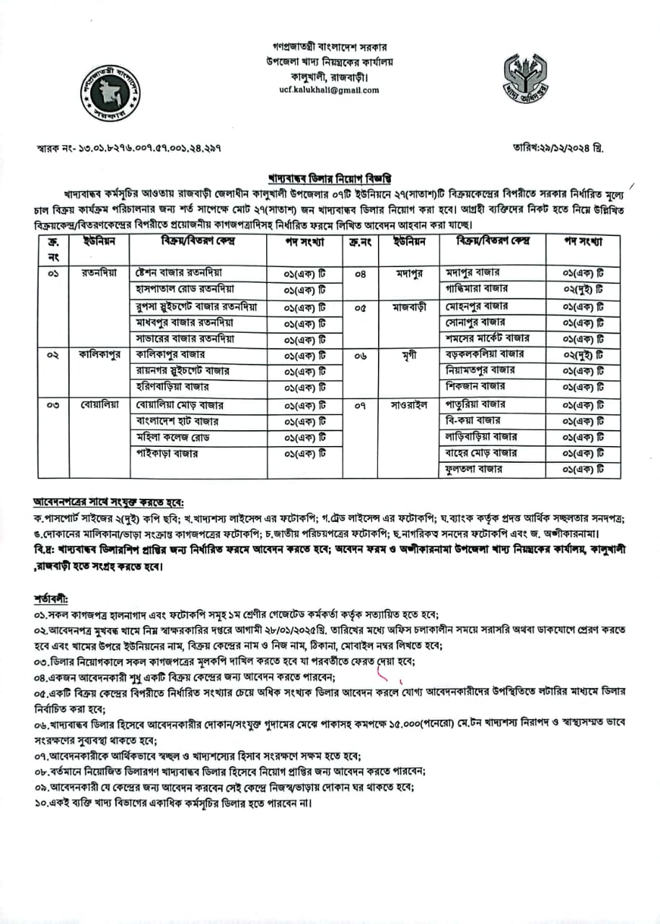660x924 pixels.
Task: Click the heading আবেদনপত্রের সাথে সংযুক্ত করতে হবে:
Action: (108, 501)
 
